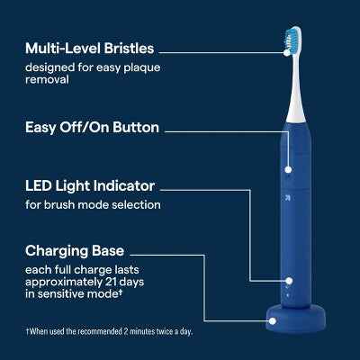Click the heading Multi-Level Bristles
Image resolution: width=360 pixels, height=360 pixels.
pyautogui.click(x=90, y=47)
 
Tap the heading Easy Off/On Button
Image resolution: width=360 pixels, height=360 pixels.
pyautogui.click(x=93, y=128)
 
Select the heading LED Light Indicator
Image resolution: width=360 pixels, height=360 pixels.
pyautogui.click(x=90, y=186)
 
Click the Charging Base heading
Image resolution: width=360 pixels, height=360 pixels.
pyautogui.click(x=75, y=251)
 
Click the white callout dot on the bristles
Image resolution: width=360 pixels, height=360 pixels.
pyautogui.click(x=286, y=51)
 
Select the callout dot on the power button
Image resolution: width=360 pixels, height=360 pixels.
pyautogui.click(x=289, y=168)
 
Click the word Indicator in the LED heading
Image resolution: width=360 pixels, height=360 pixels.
pyautogui.click(x=124, y=186)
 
